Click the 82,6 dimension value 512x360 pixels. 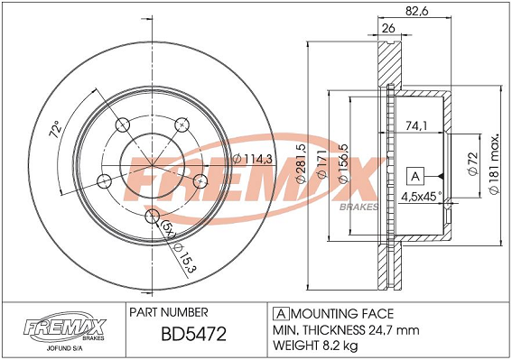(416, 11)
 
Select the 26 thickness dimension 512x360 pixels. (388, 28)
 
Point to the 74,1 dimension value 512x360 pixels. (416, 125)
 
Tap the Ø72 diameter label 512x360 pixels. (473, 163)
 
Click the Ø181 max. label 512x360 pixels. (495, 163)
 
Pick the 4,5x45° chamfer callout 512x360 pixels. (421, 196)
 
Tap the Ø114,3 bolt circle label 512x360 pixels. (252, 159)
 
